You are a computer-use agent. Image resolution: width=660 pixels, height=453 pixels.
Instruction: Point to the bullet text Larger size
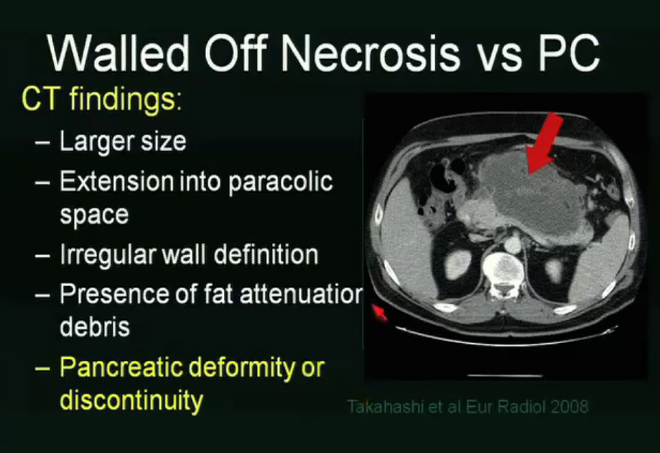pos(122,141)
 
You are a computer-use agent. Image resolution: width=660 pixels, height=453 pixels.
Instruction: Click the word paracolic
pos(280,181)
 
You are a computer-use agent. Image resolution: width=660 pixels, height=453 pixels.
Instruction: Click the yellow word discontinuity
pos(131,401)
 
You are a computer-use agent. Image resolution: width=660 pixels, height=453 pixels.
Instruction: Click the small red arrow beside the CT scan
pos(379,313)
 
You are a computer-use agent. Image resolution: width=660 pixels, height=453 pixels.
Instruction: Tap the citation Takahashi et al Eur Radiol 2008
pos(468,406)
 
